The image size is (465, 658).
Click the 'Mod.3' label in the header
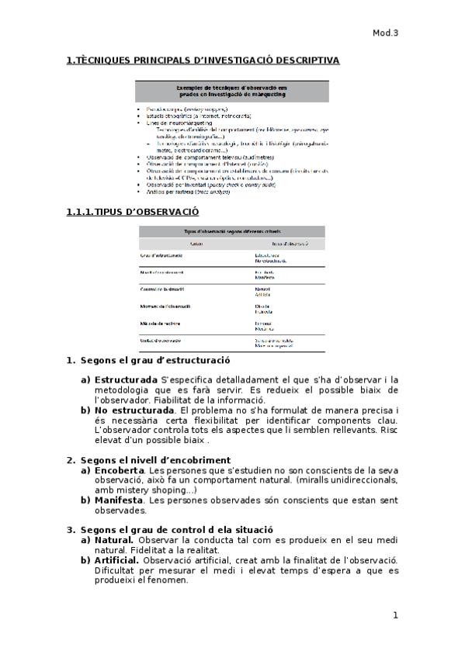pos(385,33)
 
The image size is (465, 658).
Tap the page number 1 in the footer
pos(395,615)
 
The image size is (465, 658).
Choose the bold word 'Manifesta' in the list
pos(119,500)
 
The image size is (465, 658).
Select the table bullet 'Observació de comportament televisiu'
pos(202,157)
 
